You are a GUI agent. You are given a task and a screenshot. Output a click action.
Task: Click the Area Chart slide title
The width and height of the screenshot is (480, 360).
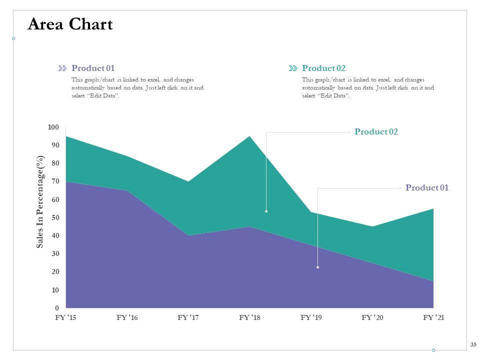(x=70, y=24)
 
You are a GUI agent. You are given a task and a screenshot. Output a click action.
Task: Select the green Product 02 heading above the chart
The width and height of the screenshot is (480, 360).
(x=323, y=68)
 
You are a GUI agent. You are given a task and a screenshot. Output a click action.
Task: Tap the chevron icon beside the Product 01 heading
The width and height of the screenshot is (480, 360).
(x=62, y=68)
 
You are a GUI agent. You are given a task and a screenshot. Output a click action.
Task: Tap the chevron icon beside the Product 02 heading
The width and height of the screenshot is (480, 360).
(x=293, y=68)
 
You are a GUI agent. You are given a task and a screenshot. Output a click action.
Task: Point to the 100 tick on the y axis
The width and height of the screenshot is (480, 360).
(x=53, y=127)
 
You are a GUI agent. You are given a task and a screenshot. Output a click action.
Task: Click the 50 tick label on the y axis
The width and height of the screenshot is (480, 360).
(x=55, y=217)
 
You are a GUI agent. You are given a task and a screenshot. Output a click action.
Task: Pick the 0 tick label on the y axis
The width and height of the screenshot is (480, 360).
(x=57, y=308)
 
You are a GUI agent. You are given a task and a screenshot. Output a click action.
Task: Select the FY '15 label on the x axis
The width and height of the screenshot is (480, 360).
(x=65, y=317)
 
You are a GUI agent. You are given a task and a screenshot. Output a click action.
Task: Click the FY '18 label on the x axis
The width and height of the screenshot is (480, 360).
(x=249, y=317)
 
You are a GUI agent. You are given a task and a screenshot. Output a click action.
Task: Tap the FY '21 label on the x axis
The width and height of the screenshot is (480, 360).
(x=433, y=317)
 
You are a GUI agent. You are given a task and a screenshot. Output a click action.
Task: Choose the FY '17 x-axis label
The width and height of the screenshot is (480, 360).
(x=188, y=317)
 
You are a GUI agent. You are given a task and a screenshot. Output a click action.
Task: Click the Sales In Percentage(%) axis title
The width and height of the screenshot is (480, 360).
(x=40, y=201)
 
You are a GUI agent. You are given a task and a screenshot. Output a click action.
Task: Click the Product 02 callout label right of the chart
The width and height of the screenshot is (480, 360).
(x=376, y=131)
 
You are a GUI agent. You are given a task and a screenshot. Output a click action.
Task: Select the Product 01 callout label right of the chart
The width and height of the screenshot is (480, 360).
(x=427, y=187)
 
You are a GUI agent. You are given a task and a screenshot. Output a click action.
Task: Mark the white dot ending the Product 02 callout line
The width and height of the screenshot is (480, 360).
(x=266, y=211)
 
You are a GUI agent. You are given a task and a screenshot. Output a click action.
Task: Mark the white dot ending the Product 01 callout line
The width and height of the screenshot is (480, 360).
(x=317, y=267)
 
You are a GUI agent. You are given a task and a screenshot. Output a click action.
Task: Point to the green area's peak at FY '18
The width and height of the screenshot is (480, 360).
(x=249, y=137)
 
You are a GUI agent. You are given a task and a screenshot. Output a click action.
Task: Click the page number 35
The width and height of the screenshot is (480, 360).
(x=473, y=344)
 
